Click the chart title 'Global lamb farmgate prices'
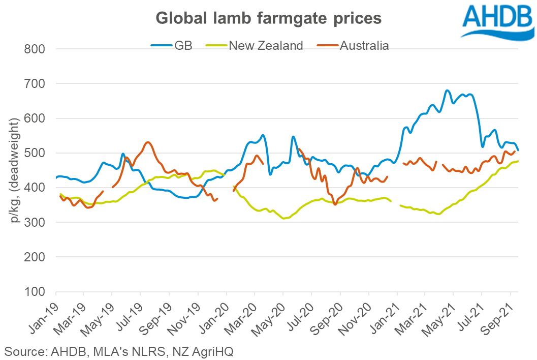268,18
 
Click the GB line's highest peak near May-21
447,91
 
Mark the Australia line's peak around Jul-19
147,142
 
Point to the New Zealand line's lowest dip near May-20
285,218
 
